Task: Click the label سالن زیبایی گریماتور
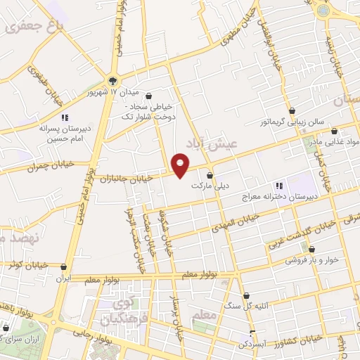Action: (x=288, y=121)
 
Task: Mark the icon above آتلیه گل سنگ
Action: (x=245, y=295)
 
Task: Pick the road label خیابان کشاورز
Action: (x=299, y=340)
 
